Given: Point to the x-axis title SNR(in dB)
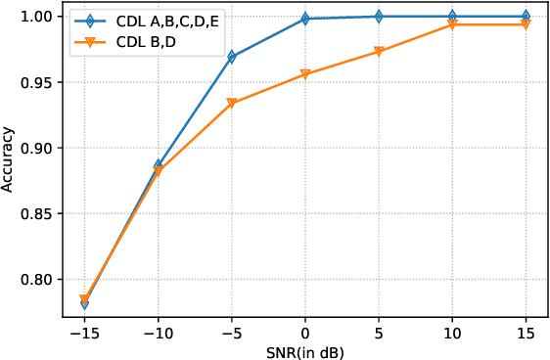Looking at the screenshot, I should (x=304, y=350).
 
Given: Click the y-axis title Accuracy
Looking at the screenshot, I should (x=9, y=157).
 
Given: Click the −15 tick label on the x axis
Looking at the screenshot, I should (x=84, y=332).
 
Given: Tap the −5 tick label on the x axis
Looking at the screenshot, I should (x=231, y=332).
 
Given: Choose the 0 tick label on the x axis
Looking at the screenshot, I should (x=305, y=332).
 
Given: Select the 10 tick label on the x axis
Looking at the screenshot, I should (x=452, y=332).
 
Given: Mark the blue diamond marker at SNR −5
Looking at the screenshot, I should (x=232, y=57).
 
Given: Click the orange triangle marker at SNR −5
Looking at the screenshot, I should (x=232, y=103).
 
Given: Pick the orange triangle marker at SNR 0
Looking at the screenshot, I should (x=305, y=74).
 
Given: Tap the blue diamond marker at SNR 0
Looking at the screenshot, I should (x=305, y=19).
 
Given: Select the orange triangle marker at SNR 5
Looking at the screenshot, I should (x=379, y=52).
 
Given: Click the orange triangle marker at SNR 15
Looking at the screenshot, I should (x=526, y=24).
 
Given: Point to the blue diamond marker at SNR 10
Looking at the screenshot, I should (x=452, y=17).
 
